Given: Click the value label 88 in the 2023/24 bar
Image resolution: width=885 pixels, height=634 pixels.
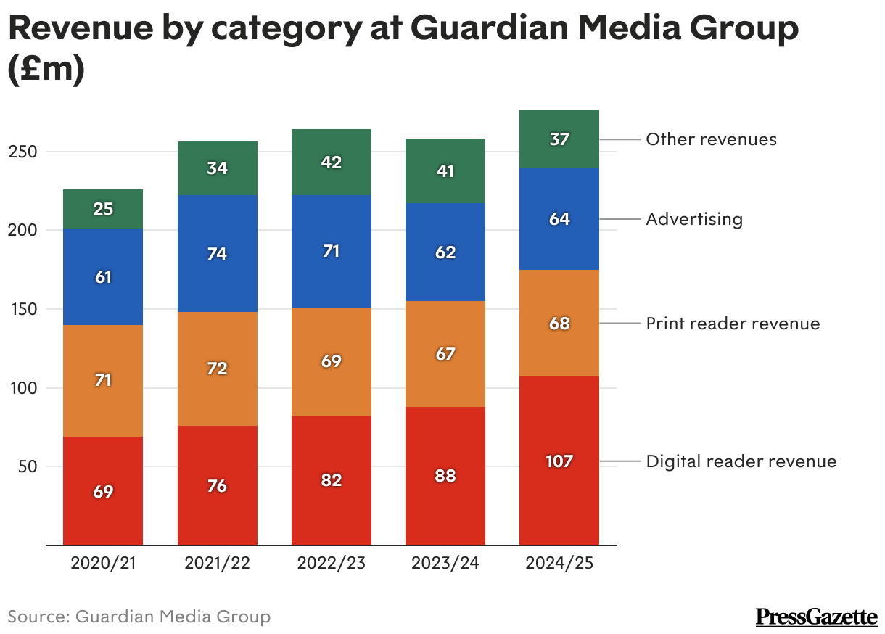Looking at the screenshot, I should (445, 477).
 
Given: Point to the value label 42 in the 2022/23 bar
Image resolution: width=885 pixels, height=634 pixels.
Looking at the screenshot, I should (332, 162).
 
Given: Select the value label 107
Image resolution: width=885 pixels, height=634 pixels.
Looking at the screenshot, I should (559, 461).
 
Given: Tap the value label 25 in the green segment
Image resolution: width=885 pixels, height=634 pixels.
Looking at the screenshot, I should (103, 209).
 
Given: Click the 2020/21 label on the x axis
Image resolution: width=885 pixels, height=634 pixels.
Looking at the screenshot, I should (103, 564).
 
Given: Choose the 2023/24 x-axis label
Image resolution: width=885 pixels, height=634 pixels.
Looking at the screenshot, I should (445, 564).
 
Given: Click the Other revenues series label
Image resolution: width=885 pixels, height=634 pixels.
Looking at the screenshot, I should (711, 139).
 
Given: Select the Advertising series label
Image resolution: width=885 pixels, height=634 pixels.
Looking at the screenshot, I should (694, 219).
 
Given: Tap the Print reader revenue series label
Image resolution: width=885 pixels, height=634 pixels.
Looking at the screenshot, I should (733, 324).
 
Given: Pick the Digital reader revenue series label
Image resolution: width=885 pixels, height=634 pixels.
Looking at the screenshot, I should (741, 461).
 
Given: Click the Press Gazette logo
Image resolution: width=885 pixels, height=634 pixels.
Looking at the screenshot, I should (816, 617).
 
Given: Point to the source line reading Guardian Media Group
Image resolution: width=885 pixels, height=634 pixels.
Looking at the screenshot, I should (139, 617).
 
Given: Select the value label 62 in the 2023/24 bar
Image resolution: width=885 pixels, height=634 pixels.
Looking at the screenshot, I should (445, 252).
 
